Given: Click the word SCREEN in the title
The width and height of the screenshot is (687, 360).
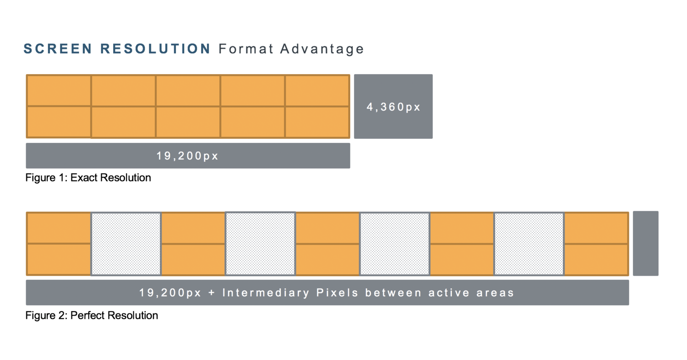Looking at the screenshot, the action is tap(58, 49).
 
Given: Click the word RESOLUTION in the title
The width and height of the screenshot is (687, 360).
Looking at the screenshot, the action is tap(155, 49).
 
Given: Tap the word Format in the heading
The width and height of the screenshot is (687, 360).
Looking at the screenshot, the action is tap(246, 49).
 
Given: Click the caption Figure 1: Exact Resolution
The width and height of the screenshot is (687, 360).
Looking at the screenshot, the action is tap(88, 178).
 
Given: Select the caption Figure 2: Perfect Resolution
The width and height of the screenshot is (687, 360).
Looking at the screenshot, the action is tap(92, 315).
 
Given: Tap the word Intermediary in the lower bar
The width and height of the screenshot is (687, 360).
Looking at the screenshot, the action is tap(266, 293).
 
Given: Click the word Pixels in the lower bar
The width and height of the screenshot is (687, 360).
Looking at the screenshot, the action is tap(338, 293).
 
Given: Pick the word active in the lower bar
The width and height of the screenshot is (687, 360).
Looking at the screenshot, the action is tap(449, 293).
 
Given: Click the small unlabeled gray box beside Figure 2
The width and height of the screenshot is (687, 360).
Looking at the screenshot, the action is tap(646, 243).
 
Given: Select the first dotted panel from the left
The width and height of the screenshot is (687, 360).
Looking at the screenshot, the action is tap(126, 244).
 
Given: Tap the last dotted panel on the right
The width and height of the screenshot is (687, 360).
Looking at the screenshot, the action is tap(529, 244).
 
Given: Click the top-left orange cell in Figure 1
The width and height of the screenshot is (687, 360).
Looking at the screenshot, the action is tap(59, 91).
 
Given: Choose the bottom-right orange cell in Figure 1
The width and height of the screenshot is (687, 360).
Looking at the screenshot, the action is tap(317, 122).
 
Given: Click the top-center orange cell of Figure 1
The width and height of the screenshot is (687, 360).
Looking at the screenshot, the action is tap(188, 91).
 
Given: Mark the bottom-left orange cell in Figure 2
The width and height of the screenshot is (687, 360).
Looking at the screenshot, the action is tap(59, 259).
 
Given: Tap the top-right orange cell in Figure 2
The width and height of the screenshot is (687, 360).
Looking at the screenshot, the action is tap(596, 228).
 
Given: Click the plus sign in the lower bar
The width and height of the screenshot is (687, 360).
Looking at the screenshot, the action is tap(212, 293).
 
